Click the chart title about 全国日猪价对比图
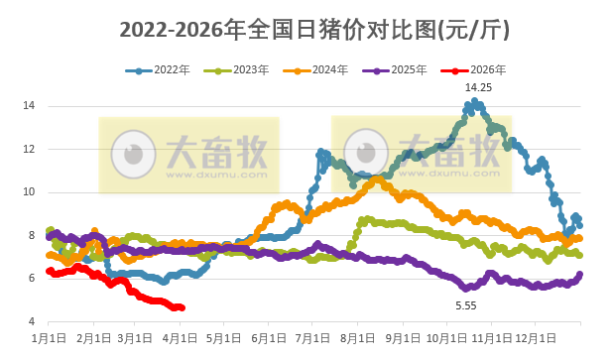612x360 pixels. tap(314, 31)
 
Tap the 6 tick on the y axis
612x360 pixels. tap(32, 279)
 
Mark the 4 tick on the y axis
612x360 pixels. tap(32, 321)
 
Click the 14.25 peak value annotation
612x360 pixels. tap(478, 88)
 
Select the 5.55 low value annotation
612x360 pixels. tap(466, 305)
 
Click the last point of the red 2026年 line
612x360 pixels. tap(182, 307)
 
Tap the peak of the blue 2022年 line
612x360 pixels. tap(476, 101)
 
